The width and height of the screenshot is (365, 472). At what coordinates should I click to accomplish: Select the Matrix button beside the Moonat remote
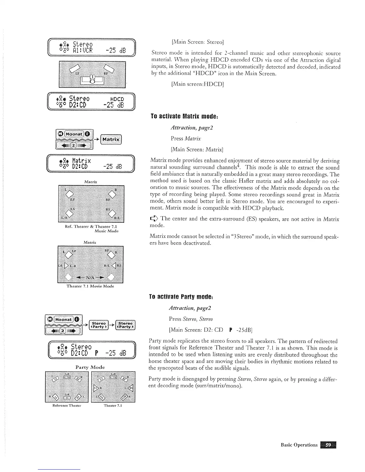(111, 139)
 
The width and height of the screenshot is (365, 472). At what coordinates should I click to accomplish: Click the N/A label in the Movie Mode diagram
(90, 278)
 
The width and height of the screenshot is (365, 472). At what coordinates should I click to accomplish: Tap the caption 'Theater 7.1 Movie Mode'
(90, 286)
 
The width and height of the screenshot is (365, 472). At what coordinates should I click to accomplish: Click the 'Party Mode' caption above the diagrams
(91, 367)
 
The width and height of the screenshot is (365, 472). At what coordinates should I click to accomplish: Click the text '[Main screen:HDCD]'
(197, 84)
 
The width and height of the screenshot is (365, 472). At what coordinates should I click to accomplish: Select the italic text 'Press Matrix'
(186, 138)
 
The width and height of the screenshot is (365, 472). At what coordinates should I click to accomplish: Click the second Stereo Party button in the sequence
(125, 325)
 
